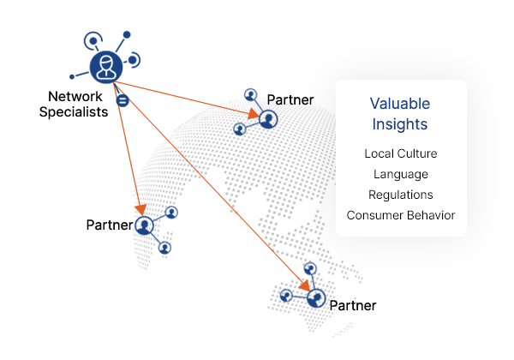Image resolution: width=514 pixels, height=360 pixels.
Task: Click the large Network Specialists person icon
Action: click(106, 67)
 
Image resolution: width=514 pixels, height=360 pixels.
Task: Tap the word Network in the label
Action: click(75, 96)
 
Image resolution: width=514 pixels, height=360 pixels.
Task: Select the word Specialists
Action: click(74, 112)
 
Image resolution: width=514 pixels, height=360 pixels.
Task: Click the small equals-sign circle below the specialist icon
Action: click(123, 100)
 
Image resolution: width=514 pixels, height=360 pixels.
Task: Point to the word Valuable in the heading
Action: click(400, 104)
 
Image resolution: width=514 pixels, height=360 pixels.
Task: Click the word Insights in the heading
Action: click(400, 124)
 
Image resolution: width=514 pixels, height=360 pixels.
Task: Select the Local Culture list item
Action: click(401, 153)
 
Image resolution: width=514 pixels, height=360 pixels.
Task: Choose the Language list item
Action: click(401, 174)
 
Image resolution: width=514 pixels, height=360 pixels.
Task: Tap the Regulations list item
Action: click(401, 195)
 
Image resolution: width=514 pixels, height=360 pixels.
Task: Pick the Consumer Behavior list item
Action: click(401, 215)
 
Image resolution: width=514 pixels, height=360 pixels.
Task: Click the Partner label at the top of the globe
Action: click(290, 100)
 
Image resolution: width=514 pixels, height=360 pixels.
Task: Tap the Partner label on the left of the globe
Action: click(110, 225)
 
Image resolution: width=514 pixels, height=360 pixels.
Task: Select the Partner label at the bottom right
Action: click(353, 306)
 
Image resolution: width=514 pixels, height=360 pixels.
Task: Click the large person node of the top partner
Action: click(268, 119)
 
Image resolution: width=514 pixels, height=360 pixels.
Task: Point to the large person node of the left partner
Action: click(144, 225)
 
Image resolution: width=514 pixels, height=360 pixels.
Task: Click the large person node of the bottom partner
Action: click(316, 298)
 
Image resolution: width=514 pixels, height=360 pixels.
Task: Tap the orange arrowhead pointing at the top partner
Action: click(254, 113)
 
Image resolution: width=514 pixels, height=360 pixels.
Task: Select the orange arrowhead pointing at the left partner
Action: click(141, 210)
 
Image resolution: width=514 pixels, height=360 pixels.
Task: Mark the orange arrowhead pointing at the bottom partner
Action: click(304, 285)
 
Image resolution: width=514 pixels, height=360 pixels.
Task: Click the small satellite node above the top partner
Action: click(251, 95)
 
